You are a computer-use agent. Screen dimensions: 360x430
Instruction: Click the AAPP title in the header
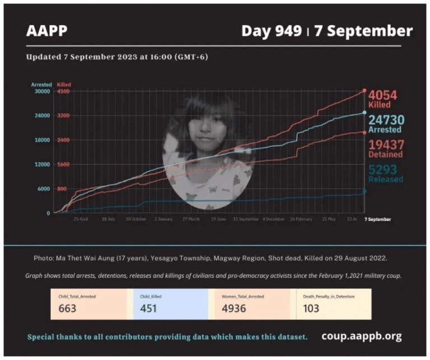coord(46,31)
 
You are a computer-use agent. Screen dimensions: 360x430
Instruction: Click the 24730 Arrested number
coord(386,119)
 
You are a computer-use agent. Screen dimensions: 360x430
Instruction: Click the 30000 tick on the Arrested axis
coord(43,91)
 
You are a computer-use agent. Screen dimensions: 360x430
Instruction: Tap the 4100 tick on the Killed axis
coord(63,91)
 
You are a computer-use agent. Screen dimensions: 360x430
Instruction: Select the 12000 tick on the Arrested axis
coord(43,165)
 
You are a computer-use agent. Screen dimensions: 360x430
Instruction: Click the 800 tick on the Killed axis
coord(62,189)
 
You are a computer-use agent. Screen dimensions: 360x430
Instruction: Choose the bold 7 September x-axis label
coord(378,219)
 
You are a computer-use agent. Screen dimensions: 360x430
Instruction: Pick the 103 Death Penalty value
coord(311,308)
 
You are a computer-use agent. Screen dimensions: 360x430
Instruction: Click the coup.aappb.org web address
coord(361,336)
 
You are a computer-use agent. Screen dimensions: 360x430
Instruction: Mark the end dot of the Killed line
coord(364,90)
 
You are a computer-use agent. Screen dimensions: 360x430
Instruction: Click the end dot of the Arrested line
coord(364,113)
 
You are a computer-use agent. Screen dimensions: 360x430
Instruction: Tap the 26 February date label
coord(301,219)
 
